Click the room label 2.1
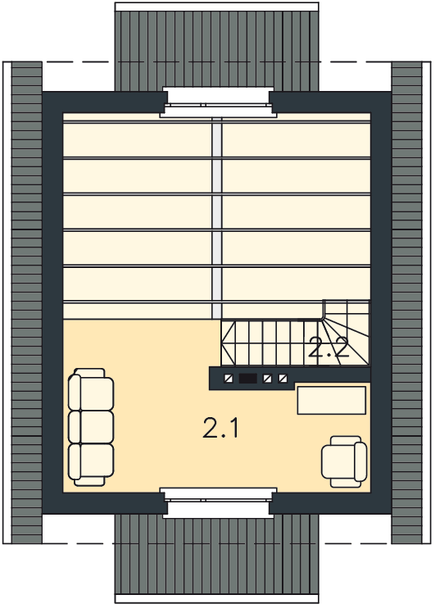pyautogui.click(x=220, y=428)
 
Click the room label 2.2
pyautogui.click(x=329, y=347)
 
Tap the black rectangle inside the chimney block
pyautogui.click(x=247, y=379)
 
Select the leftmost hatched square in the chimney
pyautogui.click(x=229, y=379)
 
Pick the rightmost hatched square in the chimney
pyautogui.click(x=283, y=379)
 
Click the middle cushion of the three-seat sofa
pyautogui.click(x=92, y=427)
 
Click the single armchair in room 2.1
pyautogui.click(x=344, y=461)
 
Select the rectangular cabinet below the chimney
pyautogui.click(x=332, y=401)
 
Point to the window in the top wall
pyautogui.click(x=219, y=102)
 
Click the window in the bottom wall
pyautogui.click(x=218, y=502)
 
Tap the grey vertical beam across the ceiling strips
pyautogui.click(x=218, y=218)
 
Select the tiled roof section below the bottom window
pyautogui.click(x=217, y=559)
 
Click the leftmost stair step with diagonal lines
pyautogui.click(x=228, y=343)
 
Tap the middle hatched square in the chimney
pyautogui.click(x=267, y=379)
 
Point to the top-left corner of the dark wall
pyautogui.click(x=43, y=92)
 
